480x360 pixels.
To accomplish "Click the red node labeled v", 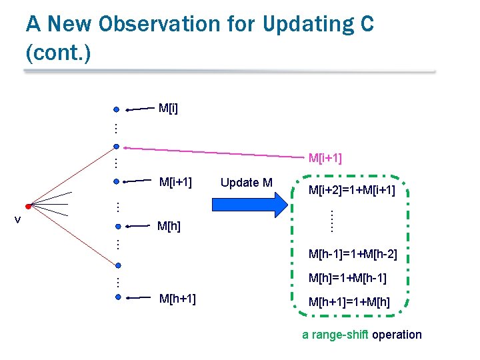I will pyautogui.click(x=28, y=206).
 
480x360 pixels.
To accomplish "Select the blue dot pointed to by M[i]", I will pyautogui.click(x=116, y=109).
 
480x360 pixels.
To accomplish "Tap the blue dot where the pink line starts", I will pyautogui.click(x=116, y=146).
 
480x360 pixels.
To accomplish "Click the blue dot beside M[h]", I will pyautogui.click(x=116, y=226).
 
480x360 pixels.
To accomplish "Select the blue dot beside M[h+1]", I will pyautogui.click(x=117, y=298).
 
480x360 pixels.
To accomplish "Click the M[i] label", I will pyautogui.click(x=168, y=107).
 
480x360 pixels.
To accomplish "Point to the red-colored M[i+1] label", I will pyautogui.click(x=325, y=158).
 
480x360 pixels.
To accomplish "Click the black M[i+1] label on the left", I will pyautogui.click(x=177, y=182).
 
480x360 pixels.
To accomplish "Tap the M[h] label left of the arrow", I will pyautogui.click(x=168, y=227).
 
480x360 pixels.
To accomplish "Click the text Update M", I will pyautogui.click(x=246, y=183).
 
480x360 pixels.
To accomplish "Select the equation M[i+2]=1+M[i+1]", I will pyautogui.click(x=351, y=191).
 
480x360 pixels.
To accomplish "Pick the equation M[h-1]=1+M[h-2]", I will pyautogui.click(x=353, y=254).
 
